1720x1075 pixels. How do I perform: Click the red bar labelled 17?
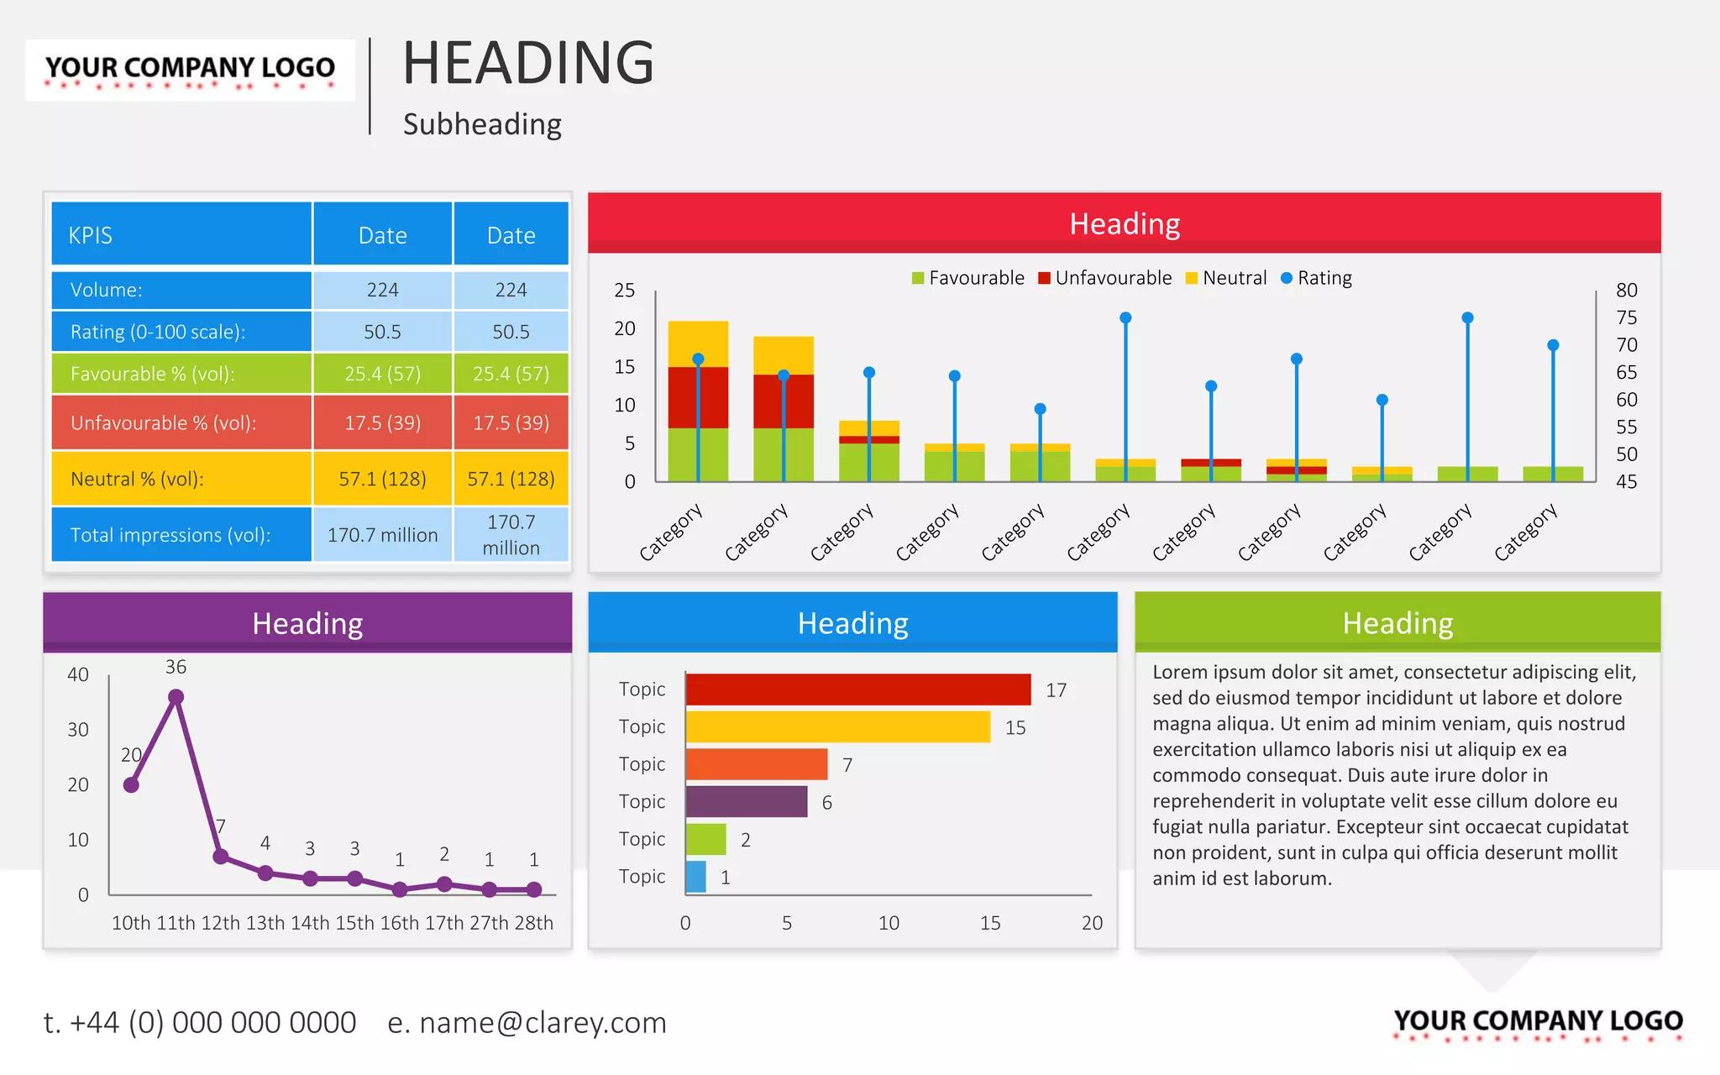pos(857,690)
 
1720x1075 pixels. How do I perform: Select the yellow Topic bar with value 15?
pos(837,727)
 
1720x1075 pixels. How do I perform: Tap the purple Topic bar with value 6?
pos(746,802)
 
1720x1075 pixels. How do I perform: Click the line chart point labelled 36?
pos(176,697)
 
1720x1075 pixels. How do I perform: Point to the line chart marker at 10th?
pos(131,785)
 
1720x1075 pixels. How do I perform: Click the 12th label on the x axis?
pos(220,923)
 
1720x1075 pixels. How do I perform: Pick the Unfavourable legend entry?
pos(1104,278)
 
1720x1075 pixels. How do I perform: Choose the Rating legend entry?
pos(1316,278)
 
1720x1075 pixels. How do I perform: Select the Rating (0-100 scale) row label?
pos(158,332)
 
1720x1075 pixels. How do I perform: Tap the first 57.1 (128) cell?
pos(382,479)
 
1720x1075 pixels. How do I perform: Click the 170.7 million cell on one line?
pos(382,535)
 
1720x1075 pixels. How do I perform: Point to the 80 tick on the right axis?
pos(1627,291)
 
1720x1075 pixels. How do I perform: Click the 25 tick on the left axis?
pos(624,291)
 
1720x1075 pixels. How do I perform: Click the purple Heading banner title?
pos(307,623)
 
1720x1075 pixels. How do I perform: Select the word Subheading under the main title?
pos(482,124)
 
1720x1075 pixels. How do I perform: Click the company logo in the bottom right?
pos(1538,1022)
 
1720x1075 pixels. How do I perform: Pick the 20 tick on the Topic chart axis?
pos(1092,923)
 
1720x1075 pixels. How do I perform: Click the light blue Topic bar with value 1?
pos(695,877)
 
